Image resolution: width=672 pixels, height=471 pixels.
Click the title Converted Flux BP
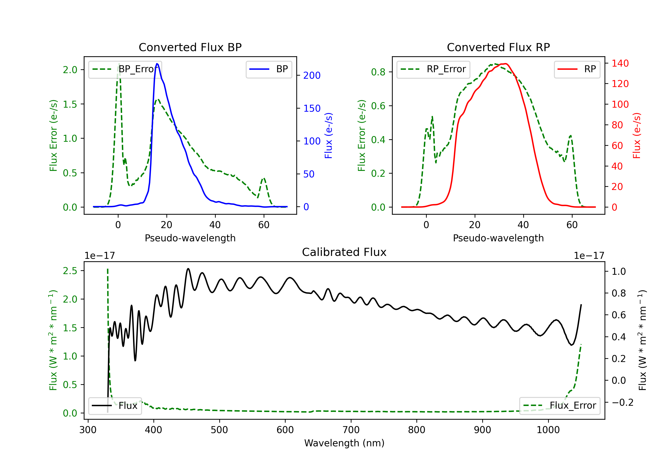click(x=190, y=47)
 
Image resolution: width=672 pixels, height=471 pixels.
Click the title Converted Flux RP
click(x=498, y=47)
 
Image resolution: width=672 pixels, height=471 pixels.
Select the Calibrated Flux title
click(x=344, y=252)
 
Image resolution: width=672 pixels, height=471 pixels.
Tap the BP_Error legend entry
click(x=125, y=70)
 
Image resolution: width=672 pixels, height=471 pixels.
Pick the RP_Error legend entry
click(x=433, y=70)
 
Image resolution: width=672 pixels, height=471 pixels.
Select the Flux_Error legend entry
click(x=560, y=406)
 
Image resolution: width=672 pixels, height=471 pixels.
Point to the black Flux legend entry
click(x=115, y=406)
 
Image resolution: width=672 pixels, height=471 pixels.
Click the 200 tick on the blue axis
click(x=312, y=76)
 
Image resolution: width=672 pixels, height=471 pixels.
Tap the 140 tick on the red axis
click(x=620, y=63)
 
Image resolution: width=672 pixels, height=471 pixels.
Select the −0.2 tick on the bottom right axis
click(x=622, y=402)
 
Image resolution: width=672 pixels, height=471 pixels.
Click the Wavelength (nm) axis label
click(x=344, y=443)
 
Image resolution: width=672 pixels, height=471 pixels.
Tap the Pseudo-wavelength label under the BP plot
click(x=190, y=238)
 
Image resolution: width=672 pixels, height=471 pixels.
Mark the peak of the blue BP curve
click(x=157, y=64)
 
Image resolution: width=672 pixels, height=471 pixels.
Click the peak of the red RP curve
click(x=505, y=64)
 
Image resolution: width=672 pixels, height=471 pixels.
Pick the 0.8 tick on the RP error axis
click(x=378, y=72)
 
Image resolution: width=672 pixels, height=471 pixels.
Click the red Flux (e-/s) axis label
click(x=637, y=136)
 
